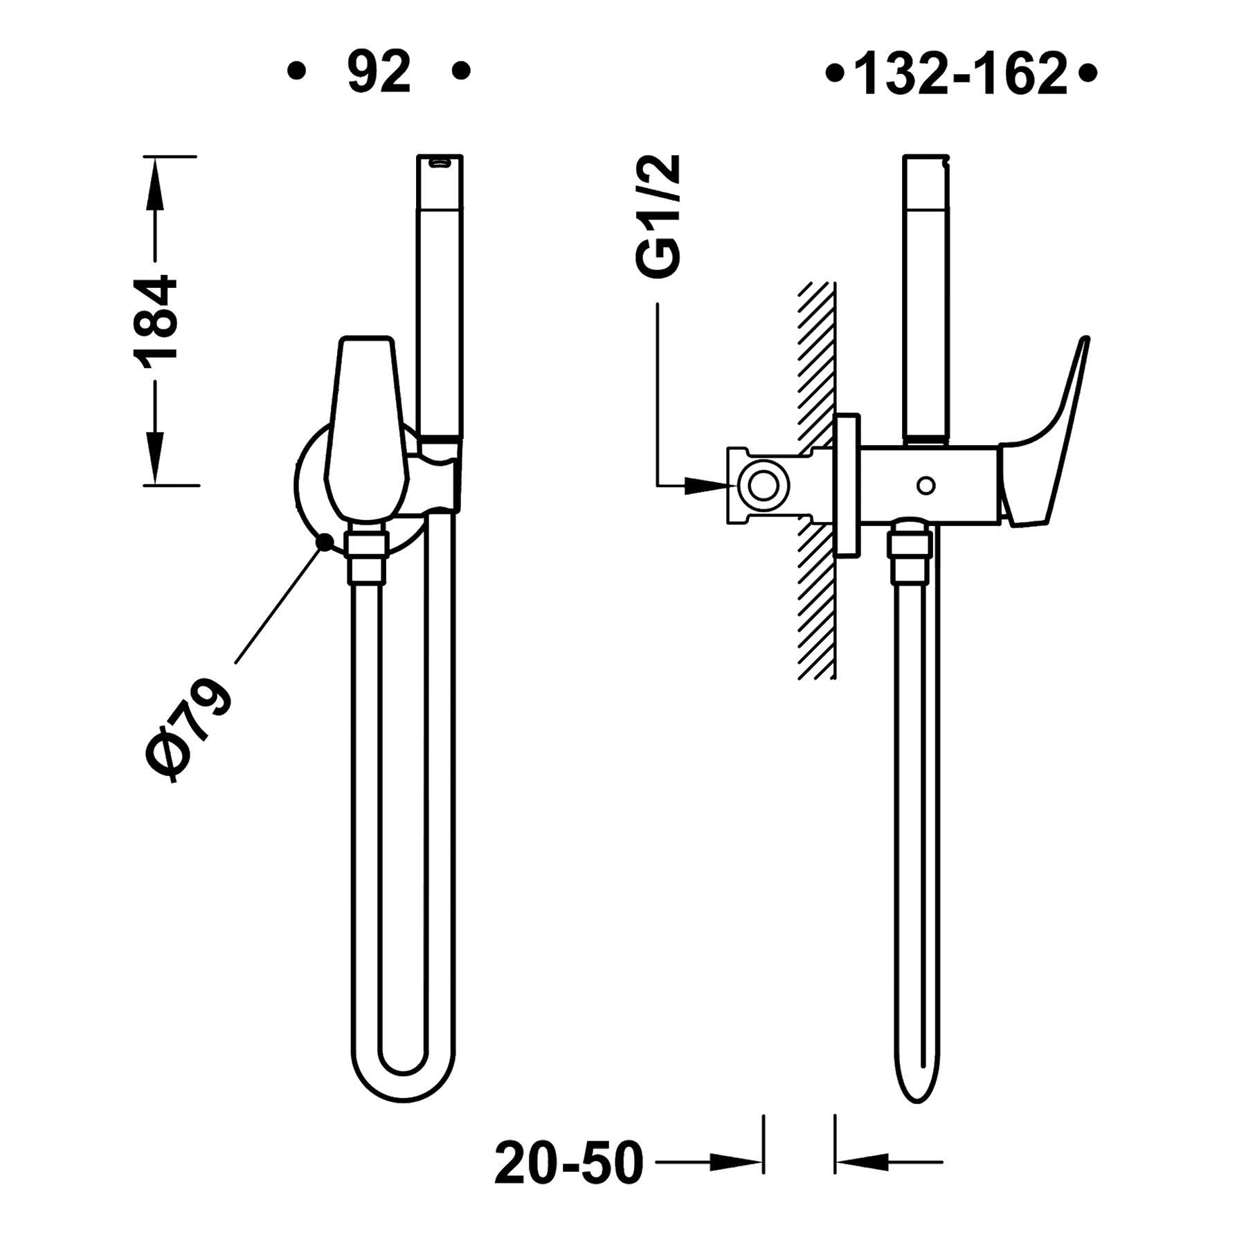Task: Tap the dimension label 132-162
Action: pyautogui.click(x=962, y=73)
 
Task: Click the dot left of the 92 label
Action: pyautogui.click(x=298, y=71)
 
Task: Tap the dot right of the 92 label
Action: pyautogui.click(x=462, y=71)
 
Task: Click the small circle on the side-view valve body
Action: pyautogui.click(x=926, y=485)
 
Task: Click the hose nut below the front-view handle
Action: pyautogui.click(x=366, y=554)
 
